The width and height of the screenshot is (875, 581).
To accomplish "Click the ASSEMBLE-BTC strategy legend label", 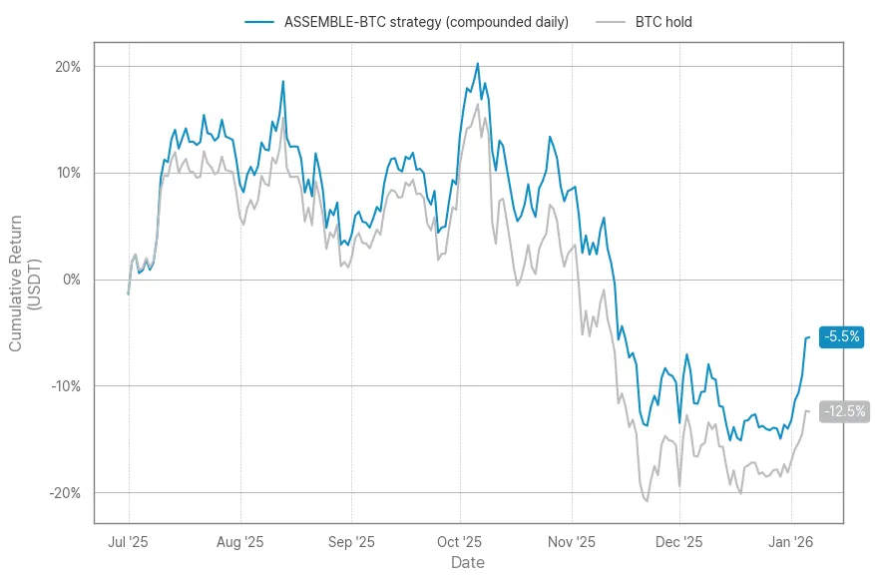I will click(426, 22).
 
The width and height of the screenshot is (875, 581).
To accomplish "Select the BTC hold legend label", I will click(663, 22).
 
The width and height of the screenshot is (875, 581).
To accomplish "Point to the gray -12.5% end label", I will click(844, 411).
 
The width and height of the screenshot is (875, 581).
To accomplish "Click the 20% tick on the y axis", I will click(68, 67).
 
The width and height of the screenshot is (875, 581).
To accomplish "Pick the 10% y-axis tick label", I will click(68, 174).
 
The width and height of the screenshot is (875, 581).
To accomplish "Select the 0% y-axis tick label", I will click(72, 280).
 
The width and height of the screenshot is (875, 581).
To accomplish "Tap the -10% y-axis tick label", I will click(66, 386).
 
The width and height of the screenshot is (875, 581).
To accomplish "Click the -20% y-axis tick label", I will click(66, 493).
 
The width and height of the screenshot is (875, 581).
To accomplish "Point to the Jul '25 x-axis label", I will click(129, 542).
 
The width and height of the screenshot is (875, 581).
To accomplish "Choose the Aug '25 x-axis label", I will click(240, 542).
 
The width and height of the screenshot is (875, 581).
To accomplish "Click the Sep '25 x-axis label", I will click(351, 542).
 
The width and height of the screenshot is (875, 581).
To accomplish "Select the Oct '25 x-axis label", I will click(460, 542).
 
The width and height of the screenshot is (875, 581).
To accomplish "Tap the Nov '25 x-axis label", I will click(572, 542).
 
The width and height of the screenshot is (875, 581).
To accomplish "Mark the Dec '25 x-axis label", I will click(679, 542).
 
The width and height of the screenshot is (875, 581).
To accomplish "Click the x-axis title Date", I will click(468, 563).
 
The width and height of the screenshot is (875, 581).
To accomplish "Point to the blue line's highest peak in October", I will click(478, 64).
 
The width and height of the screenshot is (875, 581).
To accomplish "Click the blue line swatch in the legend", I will click(258, 22).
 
